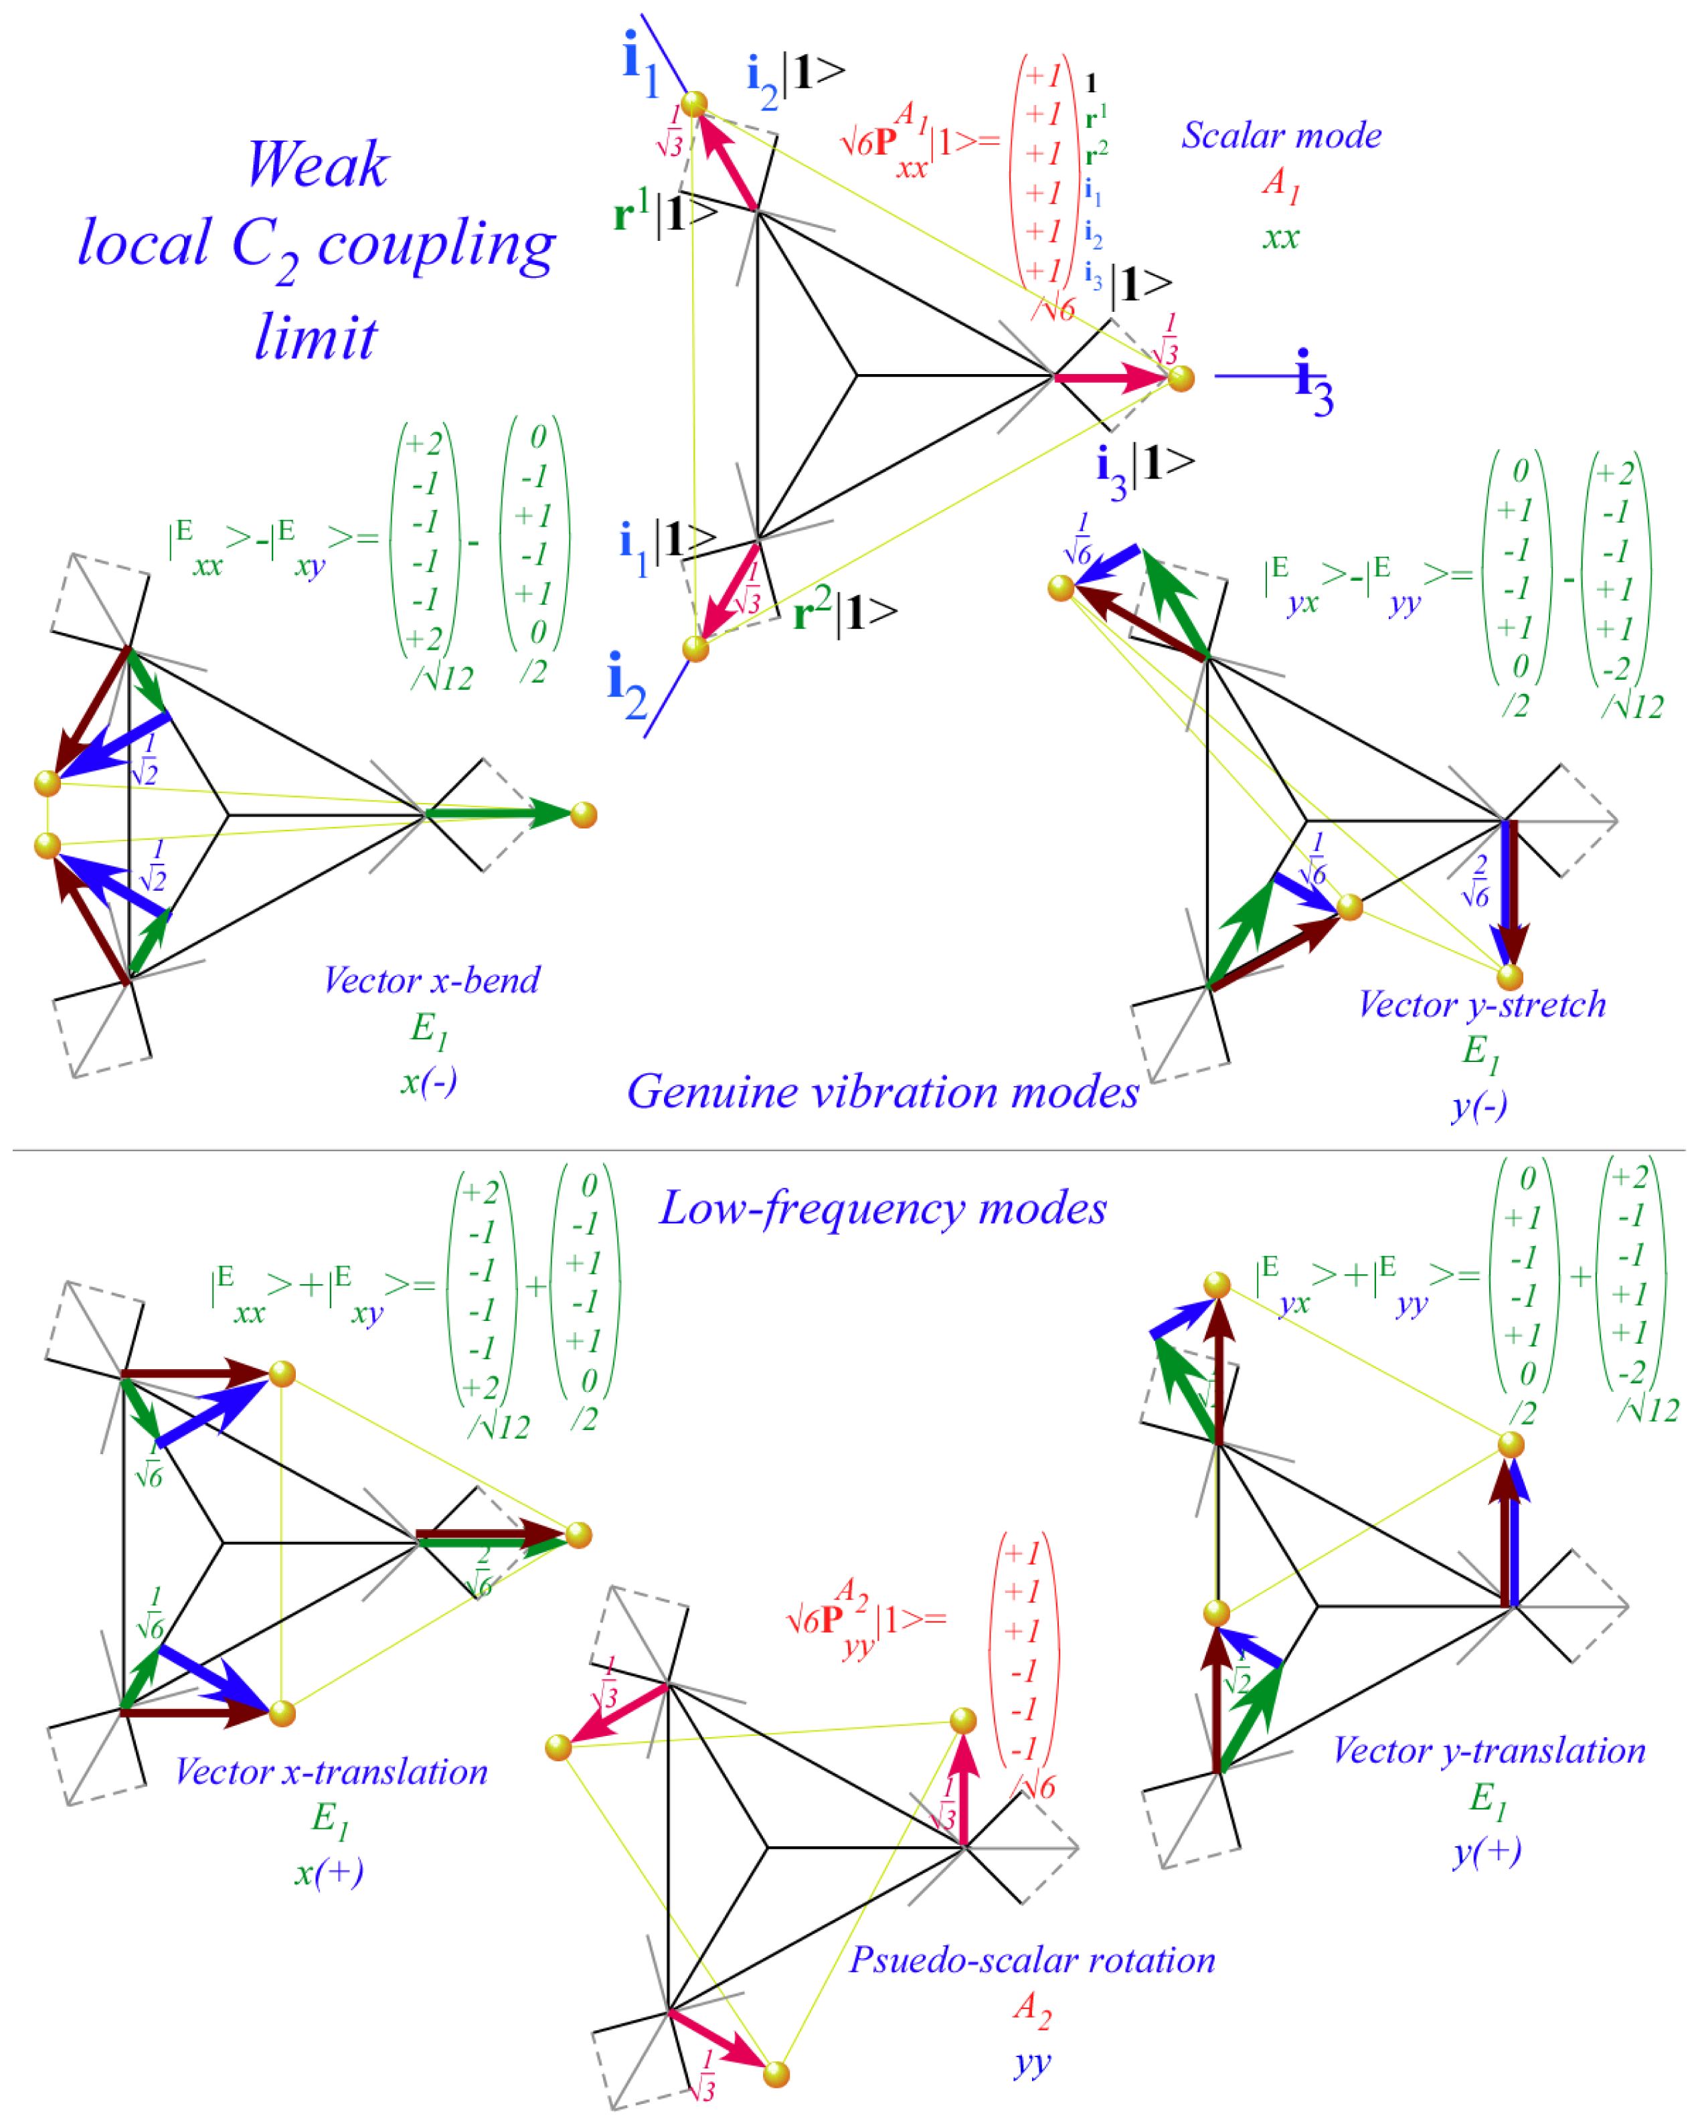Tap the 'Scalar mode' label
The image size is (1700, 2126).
pyautogui.click(x=1281, y=136)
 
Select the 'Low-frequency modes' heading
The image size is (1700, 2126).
pyautogui.click(x=883, y=1208)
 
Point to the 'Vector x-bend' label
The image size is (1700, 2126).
pyautogui.click(x=432, y=980)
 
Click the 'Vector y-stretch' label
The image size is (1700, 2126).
pyautogui.click(x=1481, y=1005)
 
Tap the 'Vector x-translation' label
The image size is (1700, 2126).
pyautogui.click(x=331, y=1772)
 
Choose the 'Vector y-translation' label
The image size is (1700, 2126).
pyautogui.click(x=1489, y=1751)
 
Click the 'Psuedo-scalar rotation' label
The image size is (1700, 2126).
pyautogui.click(x=1031, y=1960)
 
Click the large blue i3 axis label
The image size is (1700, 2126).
pyautogui.click(x=1313, y=383)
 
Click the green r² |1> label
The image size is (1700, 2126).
pyautogui.click(x=844, y=612)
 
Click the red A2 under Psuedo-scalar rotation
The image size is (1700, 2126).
pyautogui.click(x=1031, y=2009)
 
